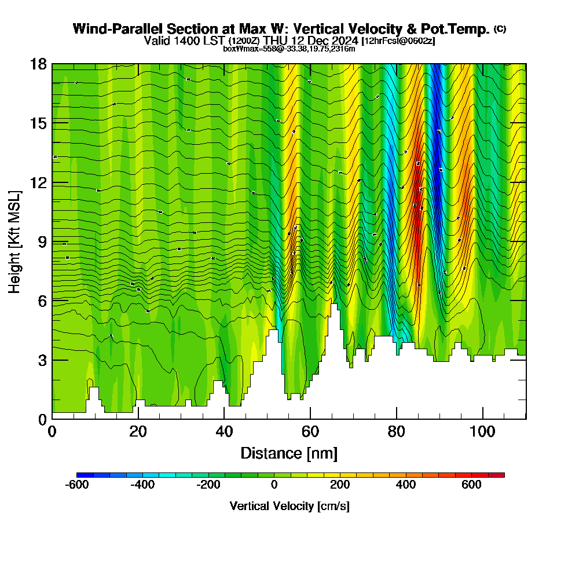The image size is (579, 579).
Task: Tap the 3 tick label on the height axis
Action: [x=42, y=360]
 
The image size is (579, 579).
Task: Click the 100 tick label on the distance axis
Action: [x=482, y=431]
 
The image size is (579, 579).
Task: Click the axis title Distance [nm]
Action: [x=289, y=453]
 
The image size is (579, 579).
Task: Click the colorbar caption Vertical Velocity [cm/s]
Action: [x=289, y=506]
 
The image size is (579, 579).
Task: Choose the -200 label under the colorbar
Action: [x=208, y=485]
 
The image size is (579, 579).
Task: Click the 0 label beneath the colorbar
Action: [x=274, y=485]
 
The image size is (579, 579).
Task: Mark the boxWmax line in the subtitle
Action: [x=289, y=49]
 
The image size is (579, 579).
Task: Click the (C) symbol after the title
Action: [x=500, y=29]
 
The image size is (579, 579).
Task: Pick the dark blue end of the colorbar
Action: [x=80, y=475]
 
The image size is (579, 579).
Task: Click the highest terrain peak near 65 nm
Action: [x=334, y=305]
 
